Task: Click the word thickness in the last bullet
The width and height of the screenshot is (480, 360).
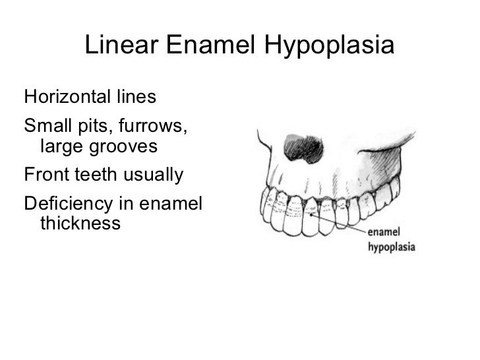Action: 80,224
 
